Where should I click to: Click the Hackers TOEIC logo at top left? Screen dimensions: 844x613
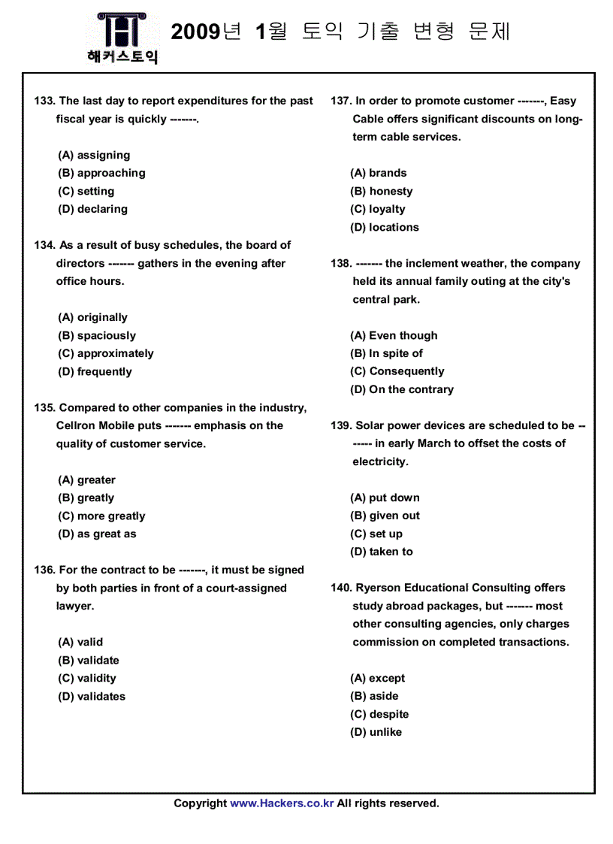tap(122, 38)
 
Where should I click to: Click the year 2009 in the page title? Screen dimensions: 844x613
tap(195, 32)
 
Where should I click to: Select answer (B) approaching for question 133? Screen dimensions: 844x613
tap(101, 173)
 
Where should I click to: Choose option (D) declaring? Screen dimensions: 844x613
tap(92, 209)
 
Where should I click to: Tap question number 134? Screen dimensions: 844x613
tap(45, 245)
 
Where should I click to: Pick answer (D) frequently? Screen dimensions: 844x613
tap(95, 371)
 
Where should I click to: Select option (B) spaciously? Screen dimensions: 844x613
tap(97, 335)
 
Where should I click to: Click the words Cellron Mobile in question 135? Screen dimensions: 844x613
tap(95, 425)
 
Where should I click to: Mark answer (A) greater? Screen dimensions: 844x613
tap(86, 479)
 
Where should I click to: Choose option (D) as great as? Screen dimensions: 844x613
tap(97, 534)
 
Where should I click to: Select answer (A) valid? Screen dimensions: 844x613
tap(80, 642)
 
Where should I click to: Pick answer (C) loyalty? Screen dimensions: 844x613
tap(377, 209)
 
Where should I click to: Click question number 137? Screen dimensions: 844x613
tap(341, 101)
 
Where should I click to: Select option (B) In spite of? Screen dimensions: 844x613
tap(386, 353)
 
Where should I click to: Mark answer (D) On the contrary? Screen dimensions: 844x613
tap(402, 389)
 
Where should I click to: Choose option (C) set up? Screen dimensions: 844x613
tap(376, 534)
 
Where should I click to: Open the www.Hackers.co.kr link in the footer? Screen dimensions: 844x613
tap(282, 803)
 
